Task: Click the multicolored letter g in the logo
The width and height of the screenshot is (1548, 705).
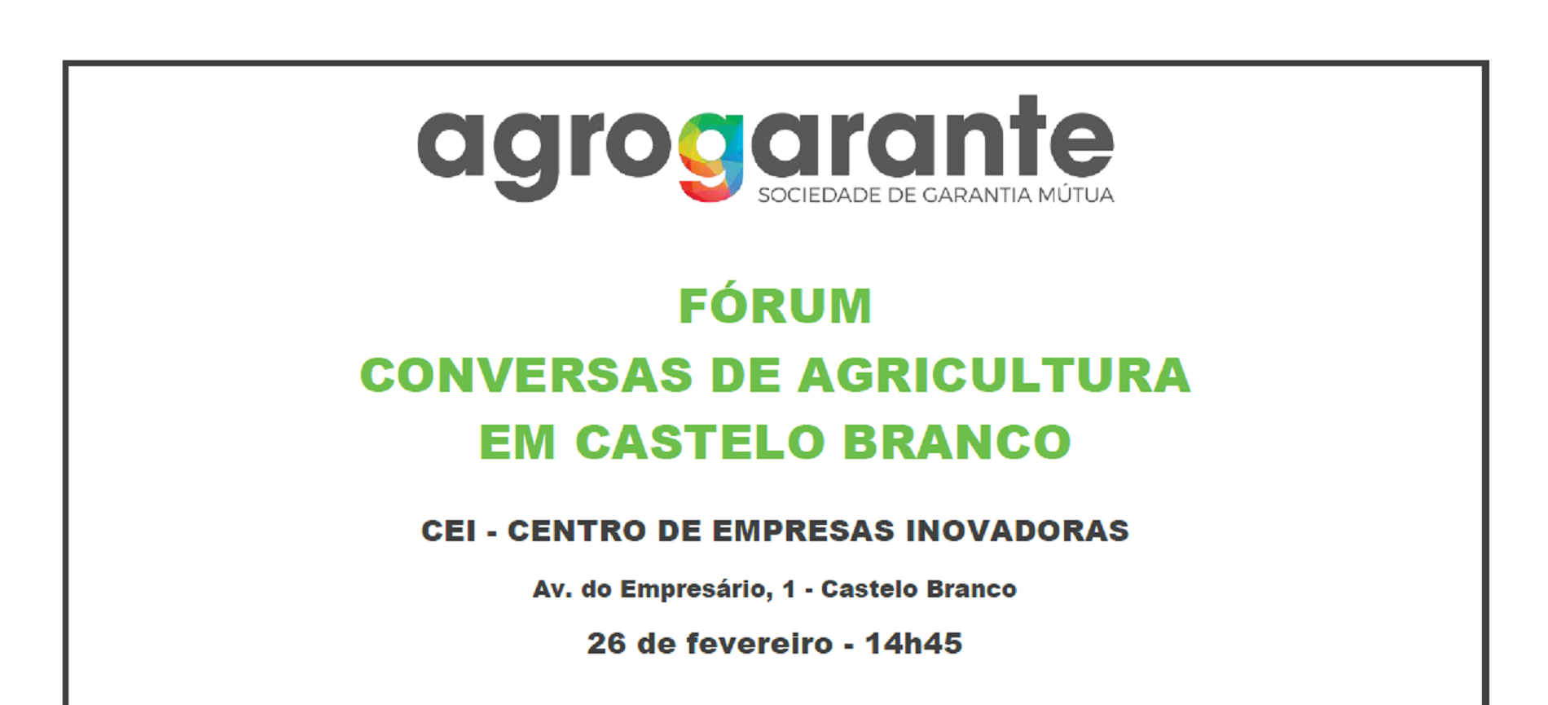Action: (710, 156)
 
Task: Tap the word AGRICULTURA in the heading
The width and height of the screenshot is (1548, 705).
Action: (994, 375)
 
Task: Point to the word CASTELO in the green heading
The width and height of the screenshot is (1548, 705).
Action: (700, 443)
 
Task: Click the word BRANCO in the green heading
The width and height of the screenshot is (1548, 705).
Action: (957, 443)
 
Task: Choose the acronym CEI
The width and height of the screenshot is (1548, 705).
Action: (448, 531)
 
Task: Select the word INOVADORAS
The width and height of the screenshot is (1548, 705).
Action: (1018, 531)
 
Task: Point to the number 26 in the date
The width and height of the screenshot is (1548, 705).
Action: (606, 644)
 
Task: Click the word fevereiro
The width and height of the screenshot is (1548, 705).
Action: (759, 644)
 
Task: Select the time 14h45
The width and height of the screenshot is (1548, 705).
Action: (913, 644)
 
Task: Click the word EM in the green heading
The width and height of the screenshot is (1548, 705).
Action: (517, 443)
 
